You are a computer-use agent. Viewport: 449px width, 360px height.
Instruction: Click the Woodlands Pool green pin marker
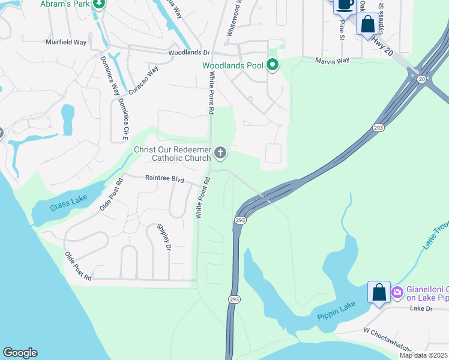[273, 65]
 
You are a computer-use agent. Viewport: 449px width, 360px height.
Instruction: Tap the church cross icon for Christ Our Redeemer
[220, 154]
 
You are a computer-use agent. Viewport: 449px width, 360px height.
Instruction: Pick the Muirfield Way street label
[66, 42]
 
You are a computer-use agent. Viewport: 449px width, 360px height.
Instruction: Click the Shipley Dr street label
[164, 237]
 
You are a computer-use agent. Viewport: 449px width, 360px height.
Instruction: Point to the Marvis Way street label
[333, 60]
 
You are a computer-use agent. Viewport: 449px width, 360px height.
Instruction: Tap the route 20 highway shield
[422, 79]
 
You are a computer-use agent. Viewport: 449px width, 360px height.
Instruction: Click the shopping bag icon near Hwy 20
[367, 25]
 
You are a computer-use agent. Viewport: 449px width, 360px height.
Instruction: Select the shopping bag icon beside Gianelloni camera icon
[379, 293]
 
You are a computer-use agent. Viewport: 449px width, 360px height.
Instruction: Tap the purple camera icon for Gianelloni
[397, 293]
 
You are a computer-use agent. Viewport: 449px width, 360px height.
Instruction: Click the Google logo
[20, 353]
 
